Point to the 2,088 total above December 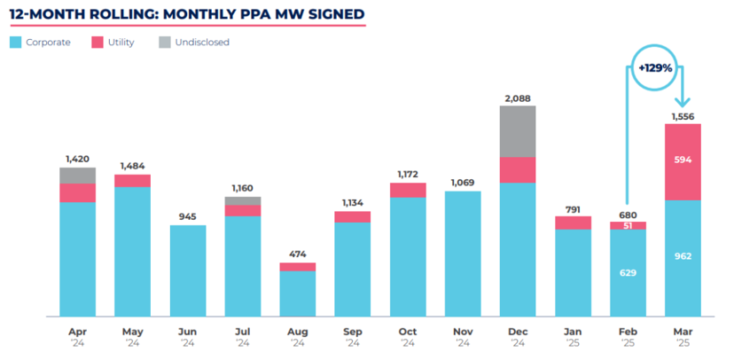pos(518,98)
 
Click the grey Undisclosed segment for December pos(518,131)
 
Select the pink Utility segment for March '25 pos(682,161)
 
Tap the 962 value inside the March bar pos(682,256)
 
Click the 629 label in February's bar pos(627,272)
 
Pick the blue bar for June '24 pos(188,270)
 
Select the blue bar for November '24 pos(463,253)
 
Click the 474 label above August pos(298,254)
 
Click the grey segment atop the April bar pos(78,176)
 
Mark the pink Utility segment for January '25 pos(573,223)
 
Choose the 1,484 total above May pos(133,166)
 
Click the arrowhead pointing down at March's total pos(682,105)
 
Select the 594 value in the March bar pos(682,160)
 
